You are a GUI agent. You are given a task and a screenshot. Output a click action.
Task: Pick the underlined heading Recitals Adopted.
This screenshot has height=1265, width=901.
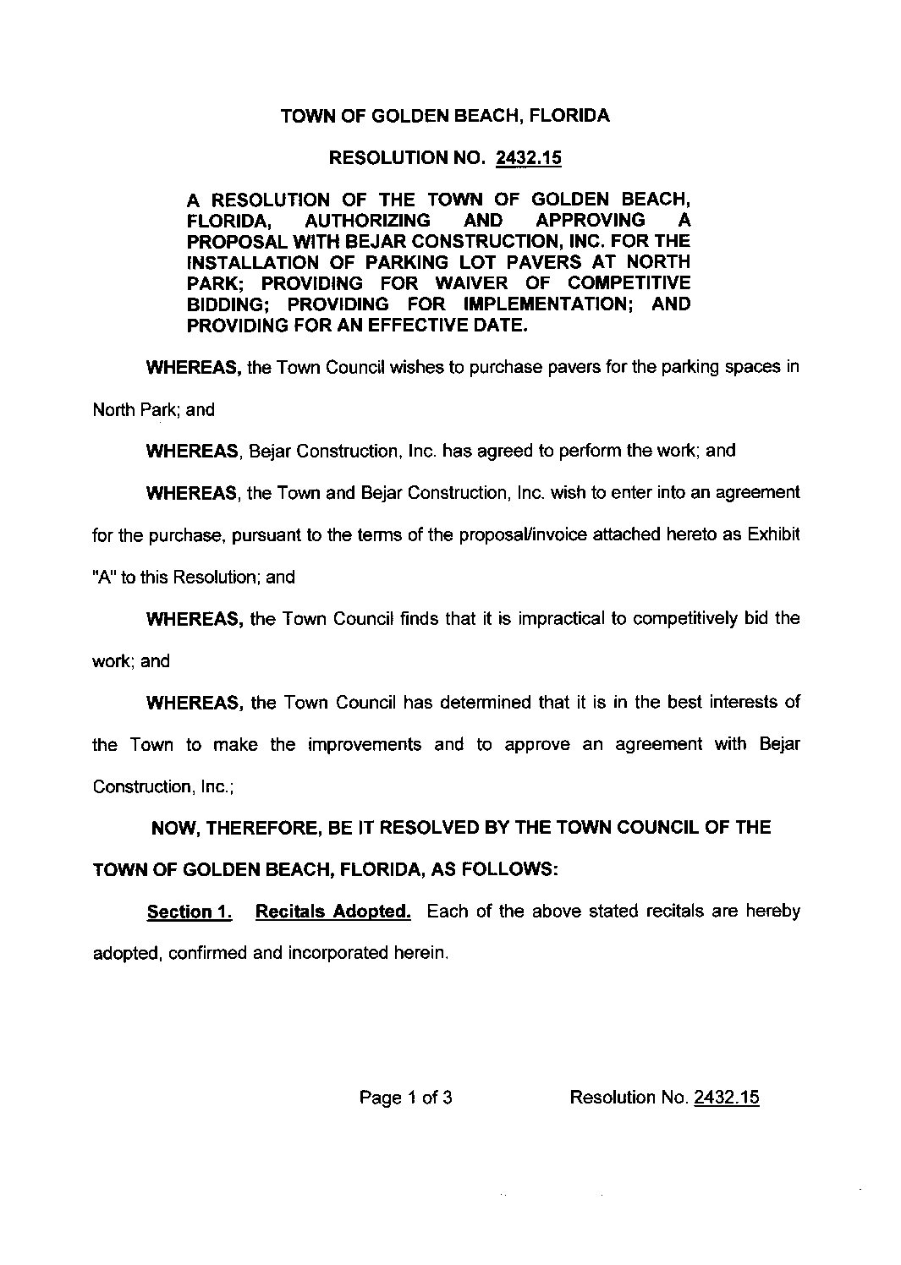coord(333,912)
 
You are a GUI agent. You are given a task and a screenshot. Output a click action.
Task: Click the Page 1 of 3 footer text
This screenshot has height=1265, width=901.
coord(406,1098)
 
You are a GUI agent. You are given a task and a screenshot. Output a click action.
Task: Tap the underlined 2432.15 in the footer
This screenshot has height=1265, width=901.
coord(726,1098)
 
